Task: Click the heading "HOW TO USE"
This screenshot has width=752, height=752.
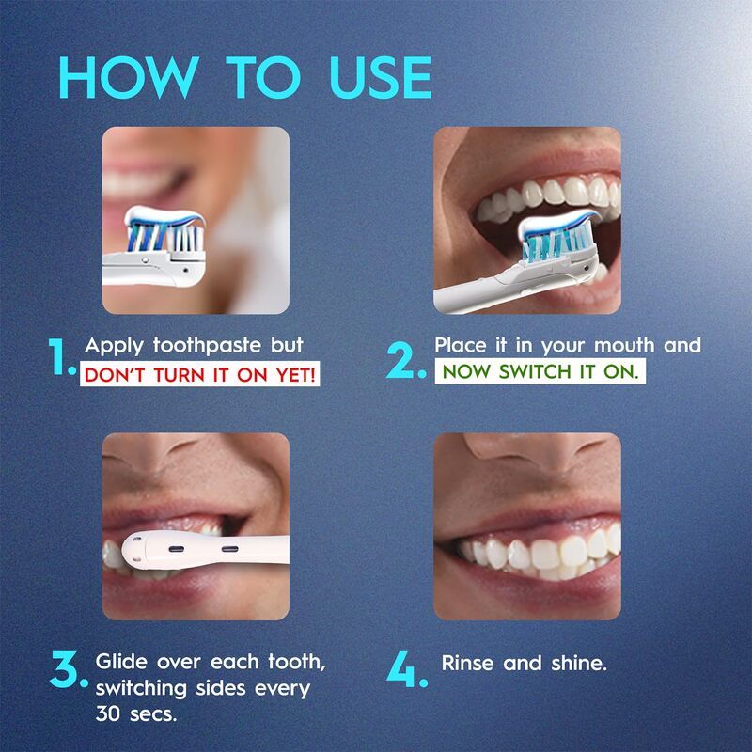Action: click(x=243, y=77)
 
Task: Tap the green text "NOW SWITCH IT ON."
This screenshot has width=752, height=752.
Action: click(x=540, y=371)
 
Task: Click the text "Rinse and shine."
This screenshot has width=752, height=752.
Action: click(x=525, y=663)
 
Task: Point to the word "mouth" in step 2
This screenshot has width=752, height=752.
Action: click(x=611, y=345)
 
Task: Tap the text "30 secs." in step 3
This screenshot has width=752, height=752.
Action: click(x=135, y=713)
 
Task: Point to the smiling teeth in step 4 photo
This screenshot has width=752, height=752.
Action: click(x=536, y=553)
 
